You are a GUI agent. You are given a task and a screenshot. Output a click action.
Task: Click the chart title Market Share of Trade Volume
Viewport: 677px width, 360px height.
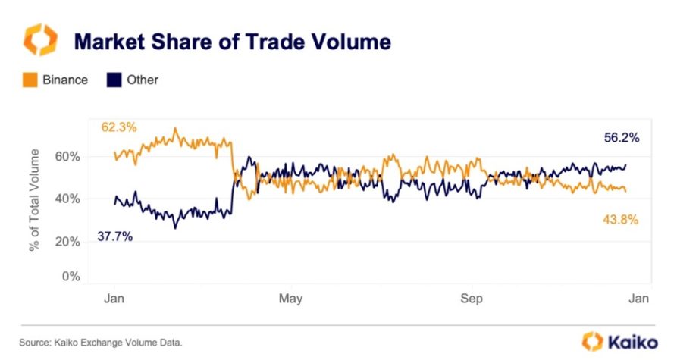coord(232,41)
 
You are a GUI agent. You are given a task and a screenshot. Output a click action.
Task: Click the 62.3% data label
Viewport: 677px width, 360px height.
coord(119,127)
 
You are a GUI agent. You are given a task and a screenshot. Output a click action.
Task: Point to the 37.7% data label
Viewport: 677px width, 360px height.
coord(114,236)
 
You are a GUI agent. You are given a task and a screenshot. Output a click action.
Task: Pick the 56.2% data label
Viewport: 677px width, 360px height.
coord(622,138)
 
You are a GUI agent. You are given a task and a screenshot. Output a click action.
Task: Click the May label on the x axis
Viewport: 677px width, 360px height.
coord(290,299)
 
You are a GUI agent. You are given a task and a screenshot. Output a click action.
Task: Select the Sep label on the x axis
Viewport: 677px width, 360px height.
coord(472,299)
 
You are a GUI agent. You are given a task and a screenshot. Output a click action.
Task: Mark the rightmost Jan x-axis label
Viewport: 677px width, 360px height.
coord(638,299)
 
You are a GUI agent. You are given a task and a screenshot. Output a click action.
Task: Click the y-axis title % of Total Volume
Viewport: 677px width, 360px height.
coord(36,201)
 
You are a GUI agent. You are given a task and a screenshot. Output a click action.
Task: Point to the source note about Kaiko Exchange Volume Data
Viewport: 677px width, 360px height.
coord(101,343)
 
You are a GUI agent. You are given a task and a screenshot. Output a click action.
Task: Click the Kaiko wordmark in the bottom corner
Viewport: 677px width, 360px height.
coord(631,342)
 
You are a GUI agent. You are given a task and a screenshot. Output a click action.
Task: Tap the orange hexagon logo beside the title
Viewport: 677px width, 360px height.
coord(40,39)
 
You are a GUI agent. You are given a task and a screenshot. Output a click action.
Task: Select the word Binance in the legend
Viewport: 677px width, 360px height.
coord(65,80)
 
